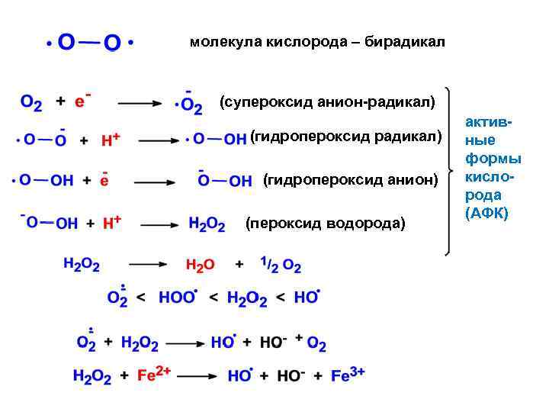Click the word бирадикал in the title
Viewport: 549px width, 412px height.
click(406, 41)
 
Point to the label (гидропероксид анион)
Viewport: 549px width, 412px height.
click(350, 180)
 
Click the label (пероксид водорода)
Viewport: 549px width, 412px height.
click(326, 224)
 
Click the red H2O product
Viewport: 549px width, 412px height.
click(201, 266)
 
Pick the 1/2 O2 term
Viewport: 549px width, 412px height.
click(281, 266)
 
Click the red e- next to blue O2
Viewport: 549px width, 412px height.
click(81, 101)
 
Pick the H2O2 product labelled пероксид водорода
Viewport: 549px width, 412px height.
click(207, 224)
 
